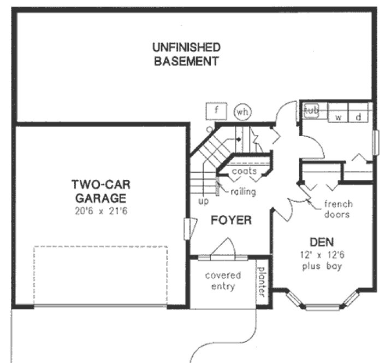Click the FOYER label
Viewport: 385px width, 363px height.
[x=231, y=220]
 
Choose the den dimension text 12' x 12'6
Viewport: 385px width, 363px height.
[x=322, y=254]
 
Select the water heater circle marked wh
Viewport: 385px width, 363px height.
[x=242, y=112]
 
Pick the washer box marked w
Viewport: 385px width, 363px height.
[x=338, y=116]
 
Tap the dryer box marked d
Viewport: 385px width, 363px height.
[x=359, y=116]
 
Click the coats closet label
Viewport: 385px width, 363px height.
[x=244, y=171]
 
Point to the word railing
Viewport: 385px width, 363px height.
[x=242, y=192]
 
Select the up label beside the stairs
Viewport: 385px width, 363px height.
[x=203, y=200]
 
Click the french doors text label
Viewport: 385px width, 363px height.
[x=338, y=209]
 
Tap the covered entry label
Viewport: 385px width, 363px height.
[x=222, y=281]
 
